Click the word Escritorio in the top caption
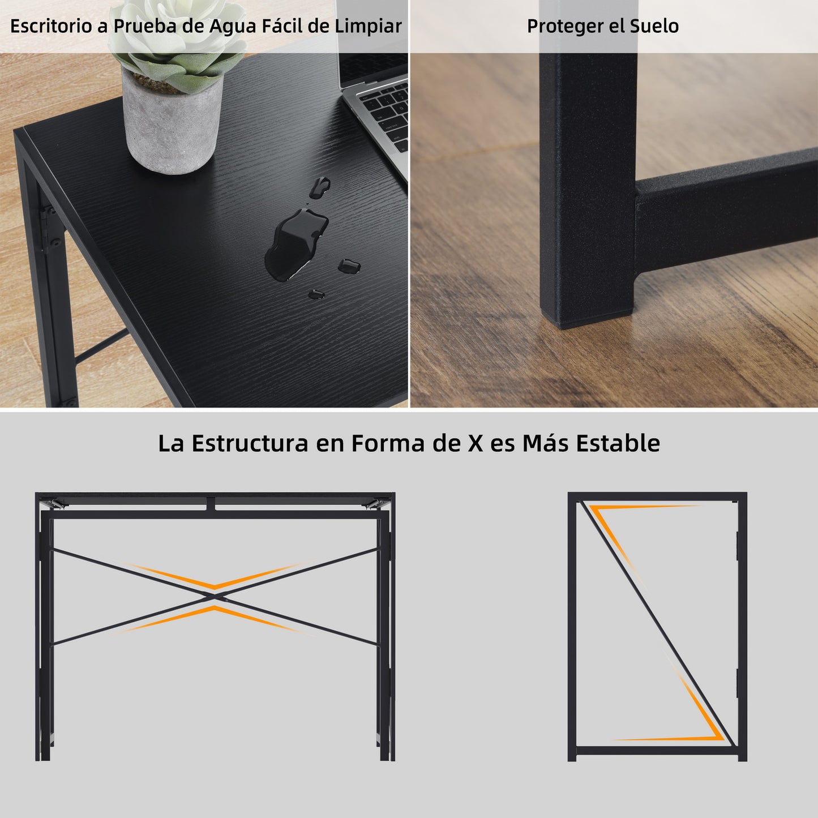[51, 26]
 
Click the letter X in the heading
[476, 444]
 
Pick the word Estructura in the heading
[250, 444]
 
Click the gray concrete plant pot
[172, 123]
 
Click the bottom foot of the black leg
[587, 316]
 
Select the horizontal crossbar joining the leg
[726, 212]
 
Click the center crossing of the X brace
[215, 597]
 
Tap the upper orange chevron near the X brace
[215, 576]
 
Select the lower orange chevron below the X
[215, 619]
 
